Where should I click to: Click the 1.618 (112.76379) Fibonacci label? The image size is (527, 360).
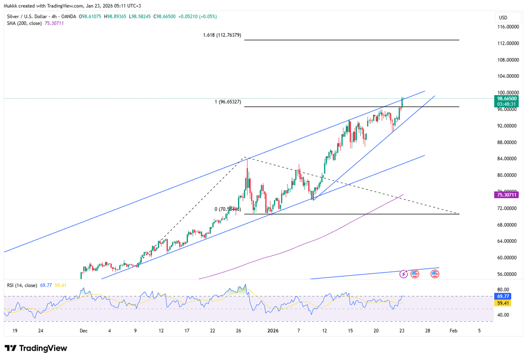pos(222,35)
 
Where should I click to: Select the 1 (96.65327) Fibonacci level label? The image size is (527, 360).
pos(228,102)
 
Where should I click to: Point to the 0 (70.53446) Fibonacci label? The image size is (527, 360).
pos(228,209)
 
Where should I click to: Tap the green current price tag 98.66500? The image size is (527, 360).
pos(507,99)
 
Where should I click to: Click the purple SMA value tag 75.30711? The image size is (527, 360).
pos(507,195)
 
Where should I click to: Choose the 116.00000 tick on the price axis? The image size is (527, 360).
pos(508,27)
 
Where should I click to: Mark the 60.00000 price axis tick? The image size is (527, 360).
pos(508,258)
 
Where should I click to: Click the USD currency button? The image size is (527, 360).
pos(503,17)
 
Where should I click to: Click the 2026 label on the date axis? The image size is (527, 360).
pos(273,331)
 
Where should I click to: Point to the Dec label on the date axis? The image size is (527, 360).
pos(84,331)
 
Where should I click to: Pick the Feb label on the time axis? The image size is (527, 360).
pos(453,331)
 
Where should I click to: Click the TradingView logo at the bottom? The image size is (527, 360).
pos(36,348)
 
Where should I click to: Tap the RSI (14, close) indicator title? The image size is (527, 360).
pos(22,285)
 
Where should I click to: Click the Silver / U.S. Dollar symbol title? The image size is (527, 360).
pos(27,17)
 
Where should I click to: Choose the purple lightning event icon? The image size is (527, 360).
pos(403,274)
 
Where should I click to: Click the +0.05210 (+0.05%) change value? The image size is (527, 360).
pos(197,17)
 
